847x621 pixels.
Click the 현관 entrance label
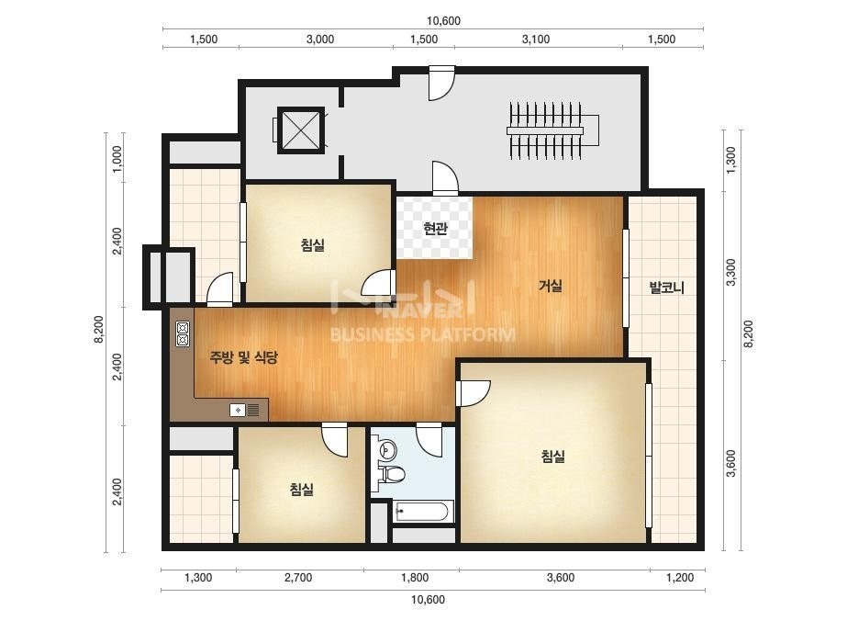click(x=435, y=229)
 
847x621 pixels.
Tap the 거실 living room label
click(x=551, y=285)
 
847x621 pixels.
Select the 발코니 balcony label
click(x=666, y=288)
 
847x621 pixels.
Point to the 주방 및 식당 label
click(x=243, y=357)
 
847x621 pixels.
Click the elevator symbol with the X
click(x=301, y=130)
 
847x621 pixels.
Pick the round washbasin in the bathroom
click(x=388, y=448)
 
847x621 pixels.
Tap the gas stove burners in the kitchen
click(x=183, y=333)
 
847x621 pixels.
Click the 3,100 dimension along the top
click(x=536, y=39)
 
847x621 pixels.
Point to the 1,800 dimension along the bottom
click(x=415, y=578)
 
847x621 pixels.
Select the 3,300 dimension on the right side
click(x=730, y=272)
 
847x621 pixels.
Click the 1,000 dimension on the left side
click(x=117, y=159)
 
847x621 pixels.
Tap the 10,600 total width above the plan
click(x=443, y=21)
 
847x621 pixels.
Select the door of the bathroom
click(x=429, y=440)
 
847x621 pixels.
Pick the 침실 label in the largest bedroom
click(x=552, y=456)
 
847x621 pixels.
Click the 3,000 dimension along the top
click(x=319, y=39)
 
